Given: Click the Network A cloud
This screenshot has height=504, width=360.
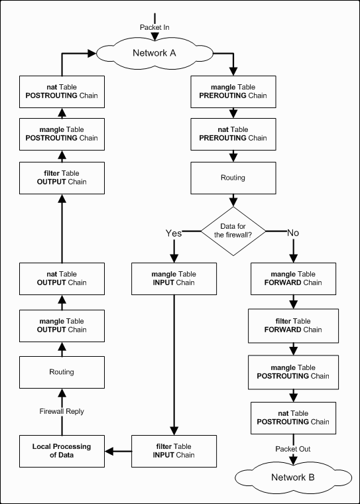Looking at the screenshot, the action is [x=154, y=53].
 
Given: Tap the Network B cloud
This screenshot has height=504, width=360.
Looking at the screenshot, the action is [x=293, y=477].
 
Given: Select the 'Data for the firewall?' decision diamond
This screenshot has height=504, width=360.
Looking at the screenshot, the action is [x=233, y=231].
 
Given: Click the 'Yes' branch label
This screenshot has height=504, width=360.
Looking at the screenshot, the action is [x=174, y=233].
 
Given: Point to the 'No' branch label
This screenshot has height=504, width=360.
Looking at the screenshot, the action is [x=293, y=233].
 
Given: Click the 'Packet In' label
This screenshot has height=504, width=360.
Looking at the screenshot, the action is [x=154, y=28].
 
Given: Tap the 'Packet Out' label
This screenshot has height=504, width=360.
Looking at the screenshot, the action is [x=293, y=449].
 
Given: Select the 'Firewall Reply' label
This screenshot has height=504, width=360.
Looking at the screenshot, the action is [x=62, y=411].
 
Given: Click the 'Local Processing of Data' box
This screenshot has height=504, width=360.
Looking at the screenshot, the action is [x=62, y=451].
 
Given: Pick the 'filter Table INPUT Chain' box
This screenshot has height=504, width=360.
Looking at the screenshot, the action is [x=174, y=451].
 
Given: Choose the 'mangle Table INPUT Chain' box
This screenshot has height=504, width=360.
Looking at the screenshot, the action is [x=174, y=279].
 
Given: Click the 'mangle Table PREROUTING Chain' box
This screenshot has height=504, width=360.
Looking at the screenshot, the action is [x=233, y=92].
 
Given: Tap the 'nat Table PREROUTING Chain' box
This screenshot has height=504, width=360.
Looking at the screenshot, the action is [x=233, y=134].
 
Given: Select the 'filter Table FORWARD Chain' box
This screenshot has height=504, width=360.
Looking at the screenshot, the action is [x=293, y=326].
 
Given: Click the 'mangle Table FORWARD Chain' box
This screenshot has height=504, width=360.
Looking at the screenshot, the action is [x=293, y=279].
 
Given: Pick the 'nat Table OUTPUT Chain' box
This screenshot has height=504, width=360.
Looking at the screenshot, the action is [x=62, y=279].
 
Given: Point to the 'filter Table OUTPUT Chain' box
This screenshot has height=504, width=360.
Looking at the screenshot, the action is [x=62, y=178].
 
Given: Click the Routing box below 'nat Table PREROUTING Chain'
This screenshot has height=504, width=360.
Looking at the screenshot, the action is [x=233, y=178].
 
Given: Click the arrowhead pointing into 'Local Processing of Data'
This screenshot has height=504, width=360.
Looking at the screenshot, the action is [x=109, y=452].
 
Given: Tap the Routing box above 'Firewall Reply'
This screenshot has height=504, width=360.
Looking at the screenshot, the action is [x=62, y=372].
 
